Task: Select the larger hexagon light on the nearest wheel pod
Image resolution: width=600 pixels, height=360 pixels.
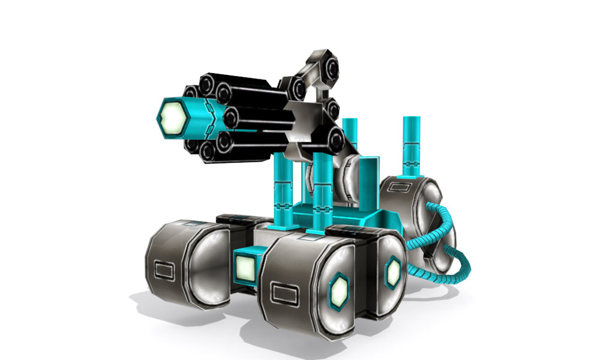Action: pyautogui.click(x=340, y=290)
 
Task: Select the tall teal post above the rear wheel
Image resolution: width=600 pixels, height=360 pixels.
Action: pyautogui.click(x=412, y=147)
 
